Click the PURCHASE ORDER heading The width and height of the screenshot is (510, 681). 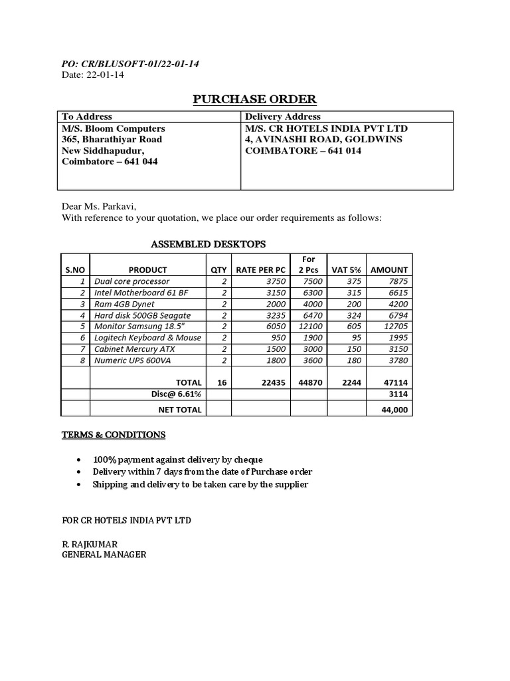[x=255, y=100]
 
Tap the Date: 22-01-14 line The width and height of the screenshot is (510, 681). [x=92, y=75]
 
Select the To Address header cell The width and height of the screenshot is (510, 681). [x=87, y=116]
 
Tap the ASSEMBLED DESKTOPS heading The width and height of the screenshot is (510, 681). [x=209, y=245]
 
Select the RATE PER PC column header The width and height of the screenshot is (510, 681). [x=260, y=270]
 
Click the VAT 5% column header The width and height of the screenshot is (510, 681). [x=346, y=270]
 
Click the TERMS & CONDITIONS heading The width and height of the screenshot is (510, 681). [x=114, y=435]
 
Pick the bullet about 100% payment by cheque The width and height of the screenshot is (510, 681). [x=178, y=460]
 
